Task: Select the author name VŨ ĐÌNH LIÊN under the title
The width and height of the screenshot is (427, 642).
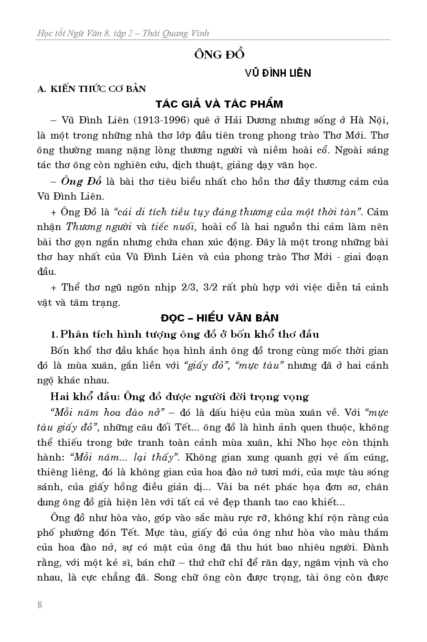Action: point(278,73)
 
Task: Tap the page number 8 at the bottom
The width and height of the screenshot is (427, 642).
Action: point(40,605)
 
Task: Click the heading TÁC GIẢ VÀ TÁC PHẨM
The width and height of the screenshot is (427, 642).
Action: point(219,104)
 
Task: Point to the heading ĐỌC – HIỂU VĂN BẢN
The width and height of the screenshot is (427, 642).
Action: point(219,318)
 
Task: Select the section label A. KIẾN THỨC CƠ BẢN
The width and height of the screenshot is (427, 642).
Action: point(92,89)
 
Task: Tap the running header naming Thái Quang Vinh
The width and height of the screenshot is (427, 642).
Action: point(123,33)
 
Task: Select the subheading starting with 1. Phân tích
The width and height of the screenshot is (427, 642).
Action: point(185,334)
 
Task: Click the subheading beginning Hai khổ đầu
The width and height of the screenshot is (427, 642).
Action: point(179,396)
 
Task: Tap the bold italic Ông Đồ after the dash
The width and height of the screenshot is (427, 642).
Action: point(79,181)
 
